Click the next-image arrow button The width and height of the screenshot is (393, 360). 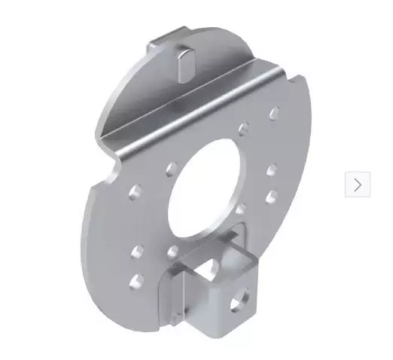[x=358, y=185]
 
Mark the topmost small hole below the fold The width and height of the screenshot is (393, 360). [x=274, y=113]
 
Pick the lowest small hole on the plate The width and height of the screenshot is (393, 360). [x=136, y=282]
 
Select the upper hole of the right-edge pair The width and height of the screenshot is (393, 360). [x=272, y=171]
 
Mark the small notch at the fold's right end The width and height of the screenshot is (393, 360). [x=286, y=72]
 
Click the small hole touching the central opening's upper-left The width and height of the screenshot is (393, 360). [x=172, y=165]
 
